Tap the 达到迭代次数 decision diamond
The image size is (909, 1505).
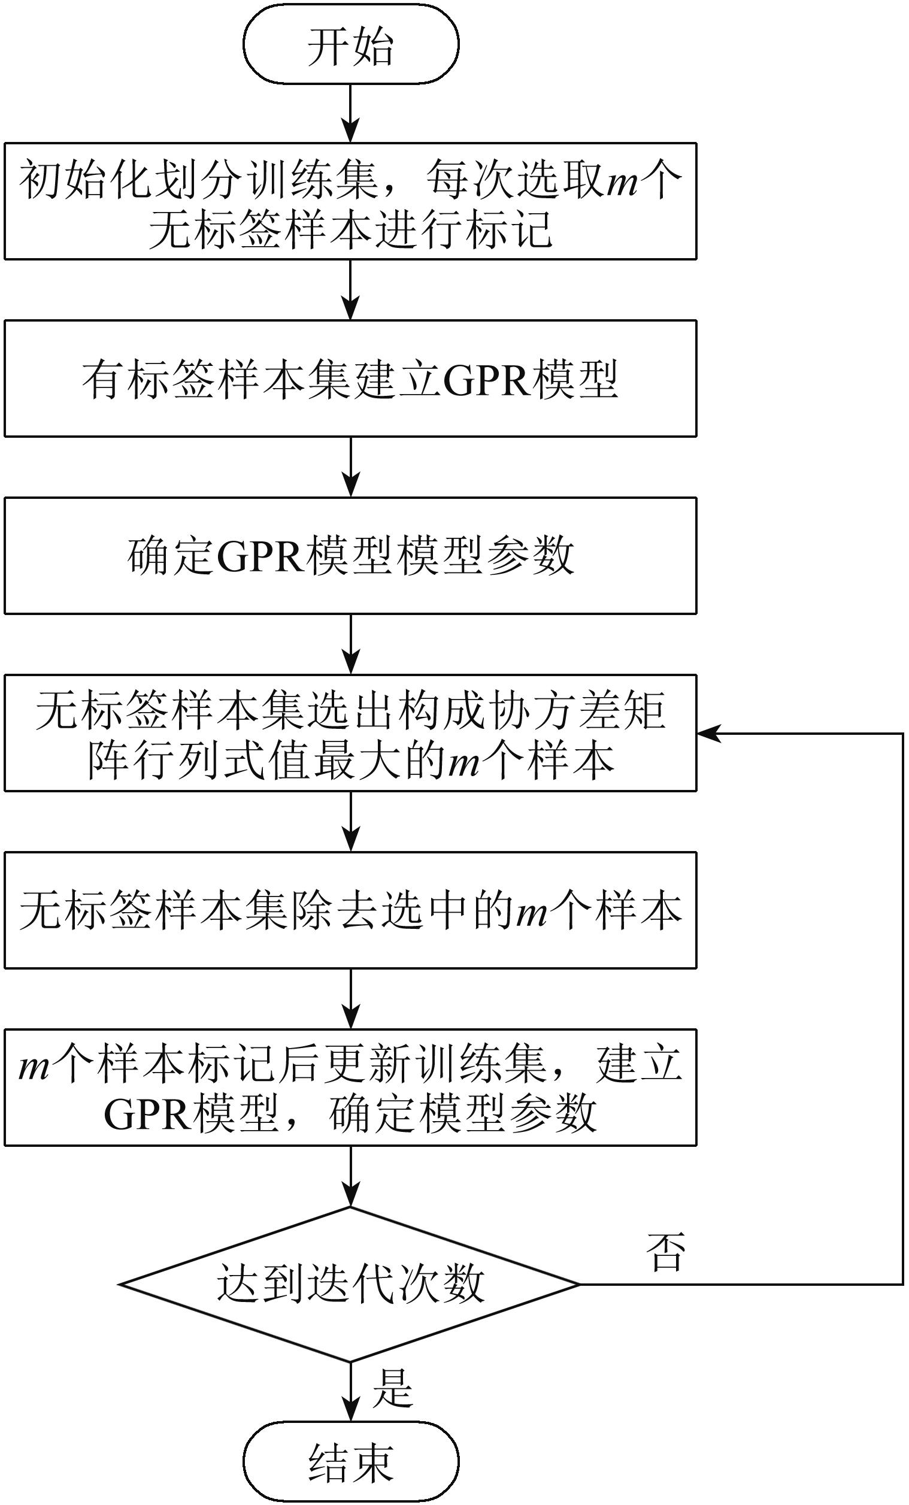tap(350, 1284)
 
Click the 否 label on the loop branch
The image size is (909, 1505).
tap(666, 1252)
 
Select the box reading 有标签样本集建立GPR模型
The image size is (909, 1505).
tap(351, 378)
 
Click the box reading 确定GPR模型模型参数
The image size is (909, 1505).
tap(351, 556)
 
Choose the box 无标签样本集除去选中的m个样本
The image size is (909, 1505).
tap(351, 910)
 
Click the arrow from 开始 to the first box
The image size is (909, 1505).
tap(351, 113)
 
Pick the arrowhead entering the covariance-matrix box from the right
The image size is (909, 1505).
tap(708, 733)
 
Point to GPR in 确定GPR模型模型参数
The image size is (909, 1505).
tap(260, 556)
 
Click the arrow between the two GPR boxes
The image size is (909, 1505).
tap(351, 467)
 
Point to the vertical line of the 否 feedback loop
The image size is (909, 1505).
tap(903, 1009)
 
